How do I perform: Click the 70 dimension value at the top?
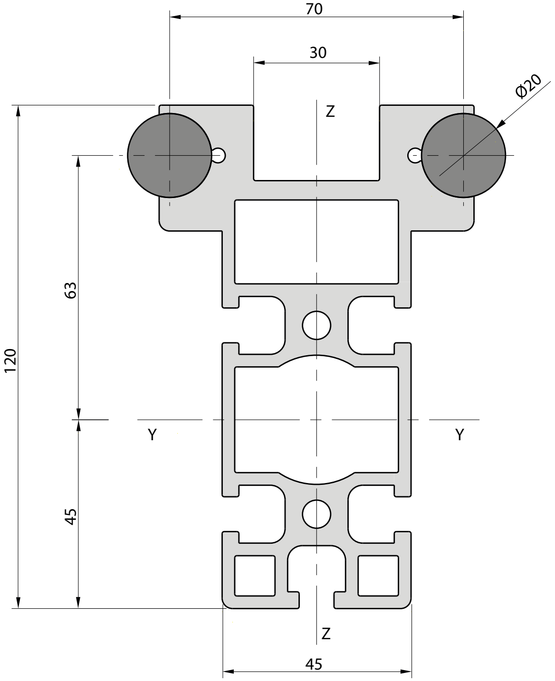coord(314,9)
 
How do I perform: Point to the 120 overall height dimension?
coord(10,360)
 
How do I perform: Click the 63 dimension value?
coord(71,290)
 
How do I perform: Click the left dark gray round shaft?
coord(170,155)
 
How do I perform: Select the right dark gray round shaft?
coord(463,155)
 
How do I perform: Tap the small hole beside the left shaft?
coord(220,155)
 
